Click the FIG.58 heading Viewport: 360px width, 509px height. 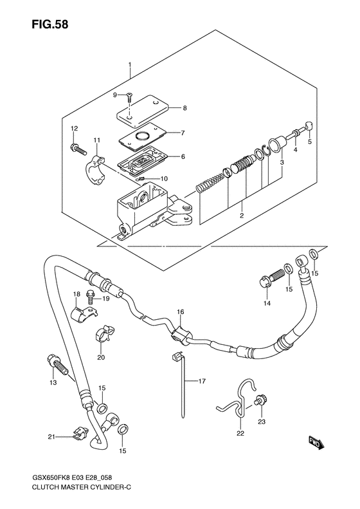pos(50,24)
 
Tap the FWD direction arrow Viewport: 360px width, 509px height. pos(314,443)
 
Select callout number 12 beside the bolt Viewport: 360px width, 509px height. pos(75,129)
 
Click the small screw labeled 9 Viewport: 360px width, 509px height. pos(129,97)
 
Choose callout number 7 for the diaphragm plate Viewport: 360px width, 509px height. pos(183,133)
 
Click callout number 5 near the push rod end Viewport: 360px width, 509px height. pos(309,142)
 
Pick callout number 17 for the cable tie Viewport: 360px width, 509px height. pos(202,381)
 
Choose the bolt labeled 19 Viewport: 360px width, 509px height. pos(90,295)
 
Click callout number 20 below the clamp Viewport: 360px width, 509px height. pos(101,357)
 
